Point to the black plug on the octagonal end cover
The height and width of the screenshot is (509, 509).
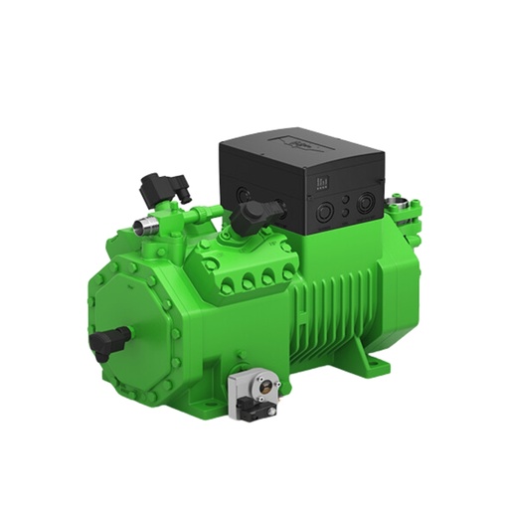pyautogui.click(x=104, y=343)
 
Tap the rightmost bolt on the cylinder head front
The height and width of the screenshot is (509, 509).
pyautogui.click(x=287, y=271)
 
